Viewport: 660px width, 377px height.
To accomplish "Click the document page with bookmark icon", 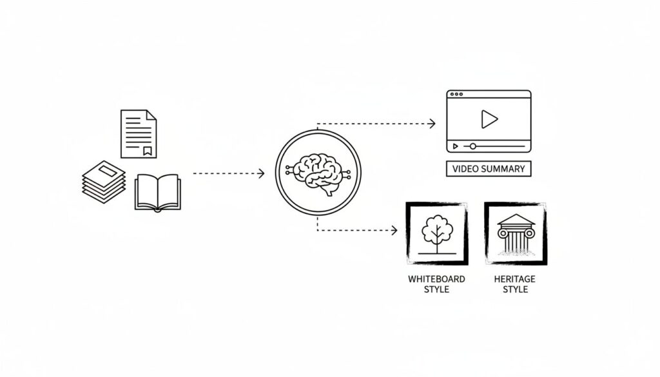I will tap(138, 133).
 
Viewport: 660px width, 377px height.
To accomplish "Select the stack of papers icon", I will tap(104, 182).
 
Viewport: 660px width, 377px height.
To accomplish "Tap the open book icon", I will tap(158, 193).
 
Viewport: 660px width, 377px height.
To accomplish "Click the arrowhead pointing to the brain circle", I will tap(261, 173).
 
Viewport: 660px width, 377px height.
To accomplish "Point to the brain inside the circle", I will tap(318, 173).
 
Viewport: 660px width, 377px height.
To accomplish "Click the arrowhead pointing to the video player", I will tap(432, 123).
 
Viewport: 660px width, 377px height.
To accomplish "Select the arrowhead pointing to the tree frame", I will tap(394, 230).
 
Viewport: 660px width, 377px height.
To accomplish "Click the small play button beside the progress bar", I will tap(456, 146).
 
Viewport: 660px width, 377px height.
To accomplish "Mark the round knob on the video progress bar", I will tap(472, 146).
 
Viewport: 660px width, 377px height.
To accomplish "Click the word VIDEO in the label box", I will tap(465, 169).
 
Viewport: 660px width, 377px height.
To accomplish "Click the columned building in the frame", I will tap(516, 233).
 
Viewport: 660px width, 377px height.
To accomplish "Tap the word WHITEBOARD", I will tap(436, 279).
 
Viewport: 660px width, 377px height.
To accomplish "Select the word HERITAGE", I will tap(515, 279).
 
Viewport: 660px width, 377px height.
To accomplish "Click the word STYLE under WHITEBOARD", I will tap(436, 289).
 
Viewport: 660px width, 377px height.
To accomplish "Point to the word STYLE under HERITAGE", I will tap(515, 289).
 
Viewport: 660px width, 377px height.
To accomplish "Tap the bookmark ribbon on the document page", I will tap(148, 151).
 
